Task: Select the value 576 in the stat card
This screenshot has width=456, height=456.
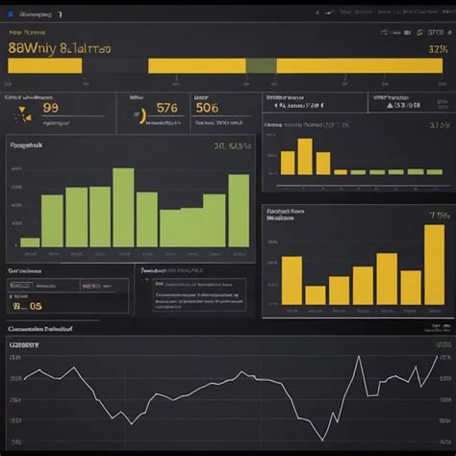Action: point(166,108)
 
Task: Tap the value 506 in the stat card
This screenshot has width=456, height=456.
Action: point(207,108)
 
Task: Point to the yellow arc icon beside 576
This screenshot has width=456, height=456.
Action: point(142,115)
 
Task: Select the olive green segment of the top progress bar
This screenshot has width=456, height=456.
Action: point(261,65)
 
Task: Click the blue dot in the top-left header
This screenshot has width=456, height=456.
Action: point(9,15)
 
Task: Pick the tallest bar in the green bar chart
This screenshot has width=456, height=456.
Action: point(123,207)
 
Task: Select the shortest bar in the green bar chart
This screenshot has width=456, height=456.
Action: point(30,241)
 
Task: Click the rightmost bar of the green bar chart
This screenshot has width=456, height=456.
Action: point(238,211)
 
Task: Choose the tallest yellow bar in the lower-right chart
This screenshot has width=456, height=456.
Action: point(434,265)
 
